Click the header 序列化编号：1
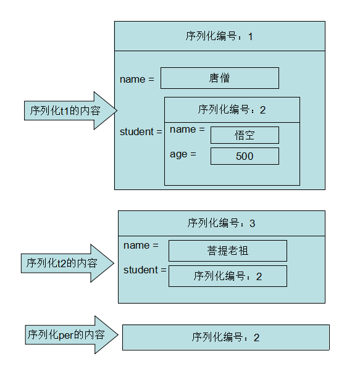coord(220,36)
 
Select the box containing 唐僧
coord(220,78)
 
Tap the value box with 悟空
coord(245,135)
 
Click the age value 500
coord(245,156)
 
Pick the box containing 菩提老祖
coord(228,251)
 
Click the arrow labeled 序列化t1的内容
coord(71,110)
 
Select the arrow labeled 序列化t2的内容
coord(68,263)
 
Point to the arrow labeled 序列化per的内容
coord(72,334)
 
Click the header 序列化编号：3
coord(222,223)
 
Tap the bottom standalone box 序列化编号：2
coord(226,338)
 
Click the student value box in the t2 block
coord(228,276)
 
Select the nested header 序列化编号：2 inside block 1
coord(232,110)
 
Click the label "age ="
coord(183,154)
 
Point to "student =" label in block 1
coord(141,132)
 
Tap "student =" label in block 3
coord(145,270)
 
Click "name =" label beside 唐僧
coord(137,79)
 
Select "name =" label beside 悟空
coord(187,130)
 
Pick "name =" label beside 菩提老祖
coord(141,245)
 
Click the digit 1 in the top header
coord(251,37)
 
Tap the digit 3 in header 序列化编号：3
coord(252,223)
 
